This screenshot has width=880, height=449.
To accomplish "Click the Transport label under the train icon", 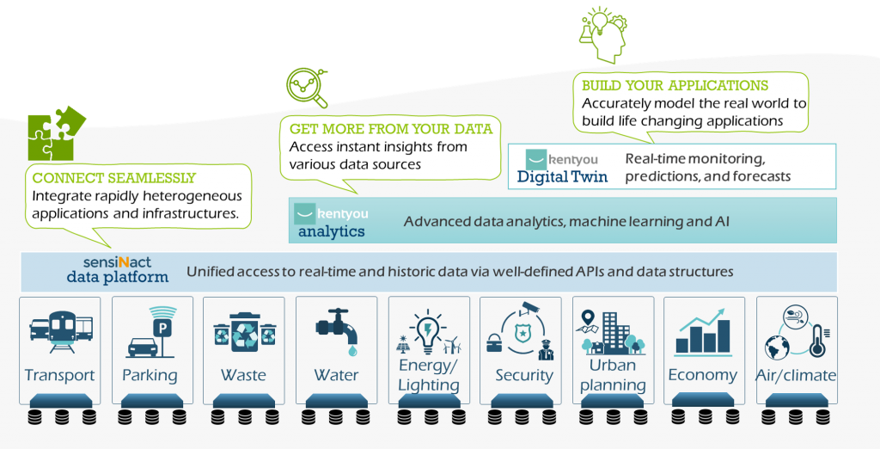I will [59, 375].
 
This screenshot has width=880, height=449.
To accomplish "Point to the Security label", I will [524, 375].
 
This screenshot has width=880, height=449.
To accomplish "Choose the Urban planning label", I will [614, 375].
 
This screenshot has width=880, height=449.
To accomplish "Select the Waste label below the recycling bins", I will [243, 375].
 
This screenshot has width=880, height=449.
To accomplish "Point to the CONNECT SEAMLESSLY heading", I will [114, 179].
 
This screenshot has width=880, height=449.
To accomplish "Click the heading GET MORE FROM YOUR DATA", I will [390, 129].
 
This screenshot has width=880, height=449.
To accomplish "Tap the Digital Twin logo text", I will [562, 177].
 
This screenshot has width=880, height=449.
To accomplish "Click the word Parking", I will [150, 375].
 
